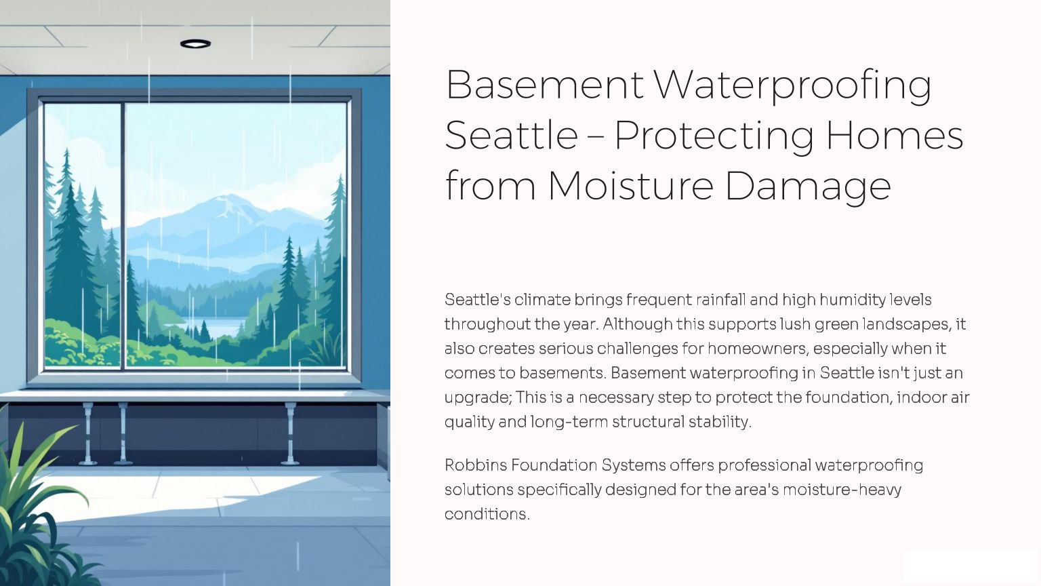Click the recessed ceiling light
tap(196, 43)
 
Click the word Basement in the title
tap(544, 85)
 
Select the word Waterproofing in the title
tap(792, 86)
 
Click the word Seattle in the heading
tap(511, 136)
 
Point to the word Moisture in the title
tap(631, 186)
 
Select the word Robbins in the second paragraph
tap(475, 465)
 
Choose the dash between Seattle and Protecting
tap(596, 137)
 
